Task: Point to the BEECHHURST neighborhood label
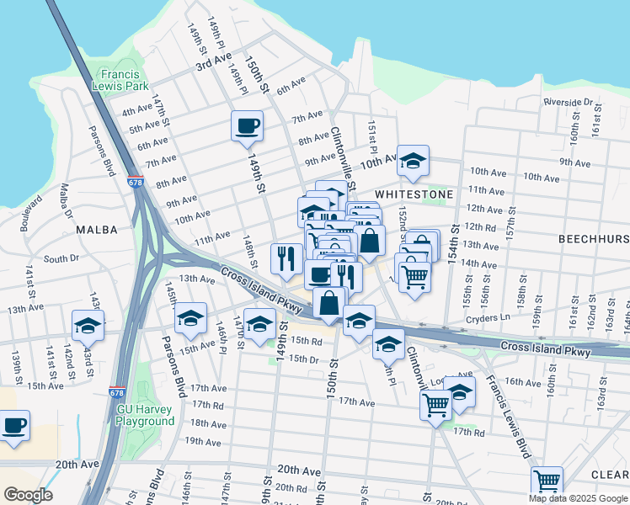pos(594,239)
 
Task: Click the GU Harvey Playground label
pos(145,415)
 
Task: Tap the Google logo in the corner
pos(27,495)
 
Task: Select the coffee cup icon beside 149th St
pos(247,126)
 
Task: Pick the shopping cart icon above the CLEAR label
pos(547,482)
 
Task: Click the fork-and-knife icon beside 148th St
pos(286,258)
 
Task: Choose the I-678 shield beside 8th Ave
pos(136,181)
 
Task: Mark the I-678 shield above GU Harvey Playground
pos(117,392)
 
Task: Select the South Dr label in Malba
pos(60,259)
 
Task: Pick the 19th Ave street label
pos(203,441)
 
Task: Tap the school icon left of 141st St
pos(88,325)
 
